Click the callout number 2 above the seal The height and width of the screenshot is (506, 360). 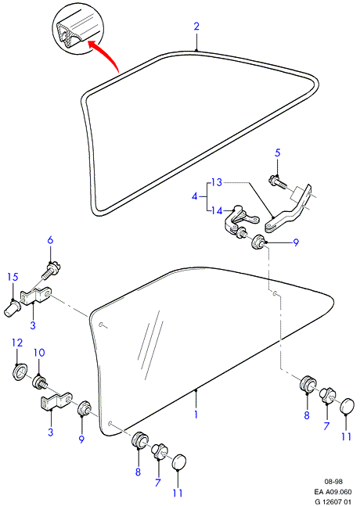click(196, 27)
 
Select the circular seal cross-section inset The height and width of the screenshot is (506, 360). click(78, 28)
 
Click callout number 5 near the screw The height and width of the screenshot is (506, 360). click(278, 153)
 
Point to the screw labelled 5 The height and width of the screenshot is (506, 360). click(277, 181)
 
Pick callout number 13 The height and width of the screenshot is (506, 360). click(217, 183)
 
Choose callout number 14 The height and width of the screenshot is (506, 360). click(217, 210)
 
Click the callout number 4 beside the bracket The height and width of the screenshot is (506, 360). click(194, 196)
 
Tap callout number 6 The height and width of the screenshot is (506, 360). click(50, 240)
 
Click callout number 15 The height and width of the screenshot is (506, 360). click(13, 277)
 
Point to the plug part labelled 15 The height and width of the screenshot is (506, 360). click(13, 308)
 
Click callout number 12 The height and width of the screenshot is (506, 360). click(17, 343)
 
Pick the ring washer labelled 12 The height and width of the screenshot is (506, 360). click(20, 371)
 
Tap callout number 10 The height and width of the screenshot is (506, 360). click(39, 353)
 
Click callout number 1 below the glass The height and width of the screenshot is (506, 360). click(196, 414)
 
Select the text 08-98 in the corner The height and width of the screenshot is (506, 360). click(333, 482)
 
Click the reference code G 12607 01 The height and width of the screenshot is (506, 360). click(333, 502)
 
